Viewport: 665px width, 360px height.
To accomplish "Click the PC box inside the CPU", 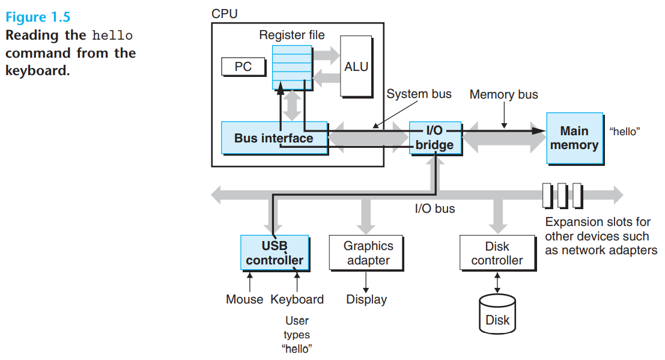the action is coord(243,67).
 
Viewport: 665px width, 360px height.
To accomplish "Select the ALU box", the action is coord(356,67).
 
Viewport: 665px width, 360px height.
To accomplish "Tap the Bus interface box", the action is coord(275,138).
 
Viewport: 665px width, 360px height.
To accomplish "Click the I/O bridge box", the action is coord(435,138).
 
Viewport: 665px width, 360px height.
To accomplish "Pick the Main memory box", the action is coord(575,138).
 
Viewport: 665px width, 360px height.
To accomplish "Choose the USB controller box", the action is coord(275,253).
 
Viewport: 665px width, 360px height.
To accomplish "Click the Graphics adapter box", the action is coord(366,253).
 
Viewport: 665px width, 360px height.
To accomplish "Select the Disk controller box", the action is coord(498,253).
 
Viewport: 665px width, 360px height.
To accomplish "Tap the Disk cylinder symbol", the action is coord(497,314).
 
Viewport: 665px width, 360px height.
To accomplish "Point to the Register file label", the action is coord(292,35).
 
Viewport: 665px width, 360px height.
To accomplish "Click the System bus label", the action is coord(419,94).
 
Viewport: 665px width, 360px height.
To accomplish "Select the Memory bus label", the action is coord(504,94).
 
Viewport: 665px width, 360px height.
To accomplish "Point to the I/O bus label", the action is coord(435,209).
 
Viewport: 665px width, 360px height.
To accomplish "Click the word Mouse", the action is coord(244,299).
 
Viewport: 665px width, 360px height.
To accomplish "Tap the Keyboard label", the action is coord(297,299).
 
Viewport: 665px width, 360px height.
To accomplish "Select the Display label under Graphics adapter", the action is coord(366,299).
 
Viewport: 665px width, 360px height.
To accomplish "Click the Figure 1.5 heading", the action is coord(38,17).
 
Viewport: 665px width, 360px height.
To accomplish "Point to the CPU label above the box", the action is coord(224,14).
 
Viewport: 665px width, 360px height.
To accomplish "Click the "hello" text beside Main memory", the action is coord(625,132).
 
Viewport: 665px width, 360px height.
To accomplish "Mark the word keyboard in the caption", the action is coord(37,70).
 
